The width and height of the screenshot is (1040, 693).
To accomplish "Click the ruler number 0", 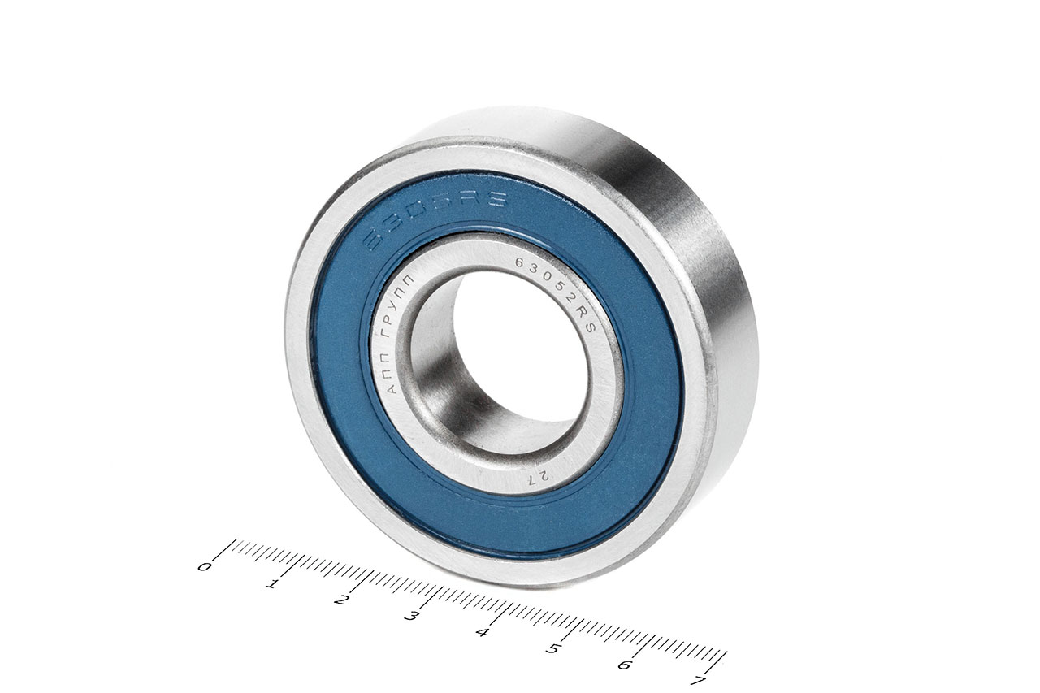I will (x=204, y=566).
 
